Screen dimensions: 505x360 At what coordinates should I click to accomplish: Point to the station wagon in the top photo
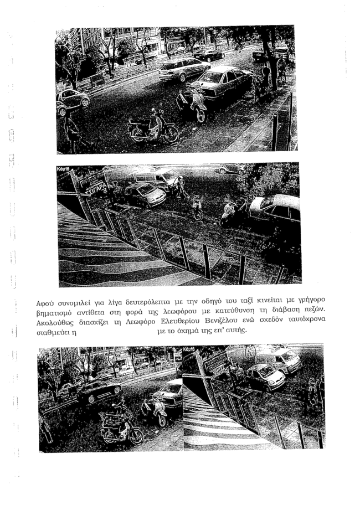(184, 69)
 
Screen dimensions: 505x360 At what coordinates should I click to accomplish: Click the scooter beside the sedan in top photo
(192, 105)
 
